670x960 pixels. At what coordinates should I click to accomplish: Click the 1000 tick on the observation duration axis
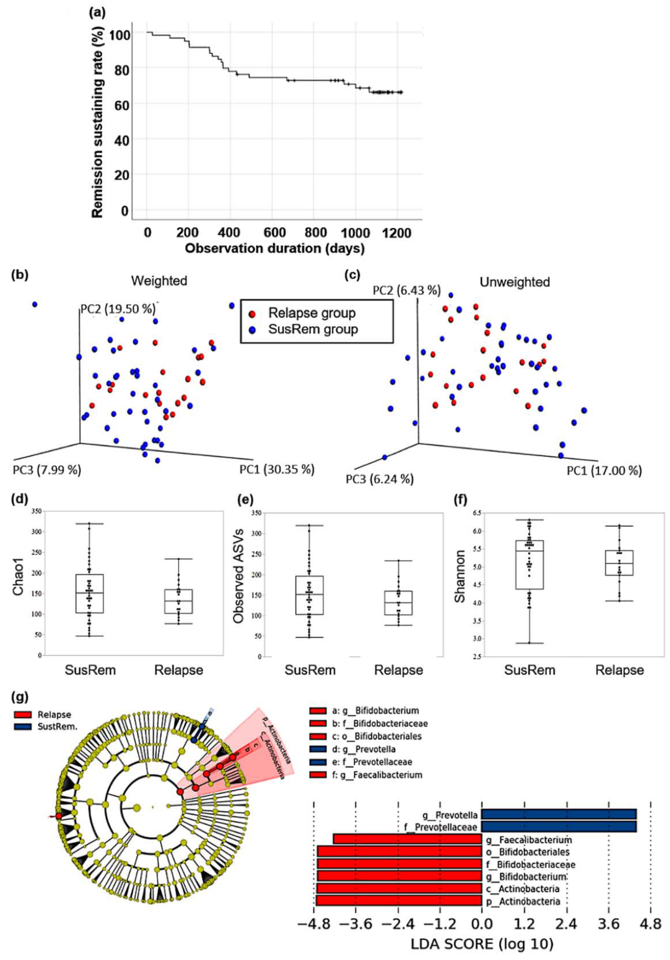[355, 232]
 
